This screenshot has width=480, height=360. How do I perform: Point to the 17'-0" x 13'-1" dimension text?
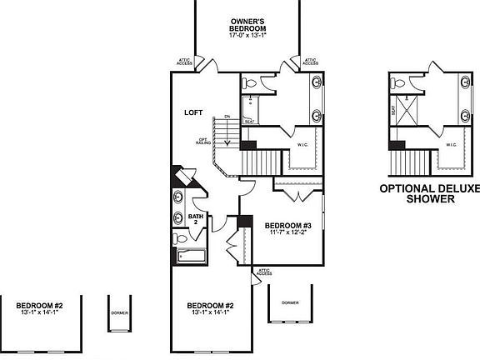click(x=247, y=35)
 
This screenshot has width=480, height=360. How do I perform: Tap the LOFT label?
click(x=194, y=112)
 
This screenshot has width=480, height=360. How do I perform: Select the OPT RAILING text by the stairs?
click(x=202, y=141)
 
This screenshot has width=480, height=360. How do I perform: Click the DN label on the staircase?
click(x=225, y=117)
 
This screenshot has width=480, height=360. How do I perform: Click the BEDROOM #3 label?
click(x=287, y=226)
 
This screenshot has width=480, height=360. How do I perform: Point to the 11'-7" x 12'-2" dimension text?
click(x=287, y=233)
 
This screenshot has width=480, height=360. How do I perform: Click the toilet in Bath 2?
click(x=182, y=237)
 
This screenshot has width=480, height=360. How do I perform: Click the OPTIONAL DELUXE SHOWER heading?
click(x=430, y=194)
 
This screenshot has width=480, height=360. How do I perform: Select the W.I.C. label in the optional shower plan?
click(x=451, y=144)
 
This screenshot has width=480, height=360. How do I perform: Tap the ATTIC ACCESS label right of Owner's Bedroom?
click(x=310, y=62)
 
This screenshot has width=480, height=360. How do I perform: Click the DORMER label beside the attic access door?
click(x=290, y=302)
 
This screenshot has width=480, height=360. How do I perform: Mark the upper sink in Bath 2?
click(x=179, y=199)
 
